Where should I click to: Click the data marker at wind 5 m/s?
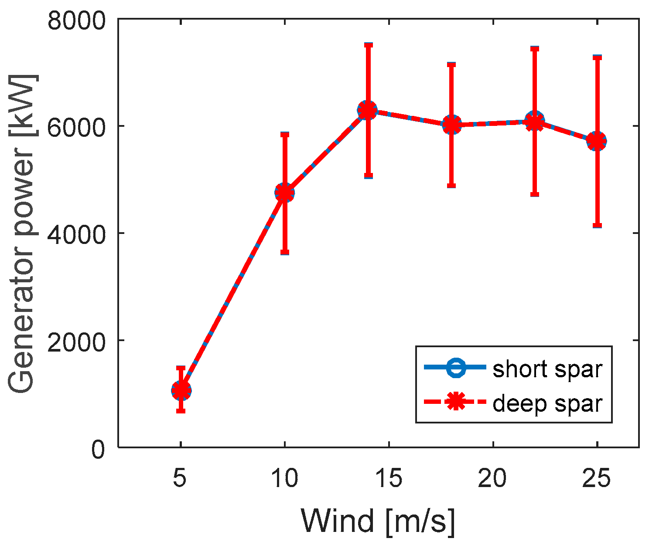[x=181, y=390]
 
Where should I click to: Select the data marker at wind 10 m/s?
[x=285, y=193]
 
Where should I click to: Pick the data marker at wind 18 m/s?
[x=451, y=125]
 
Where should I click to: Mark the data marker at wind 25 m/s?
[x=597, y=141]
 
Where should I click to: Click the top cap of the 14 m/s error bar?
[x=368, y=45]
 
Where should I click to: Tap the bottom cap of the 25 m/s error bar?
[x=597, y=226]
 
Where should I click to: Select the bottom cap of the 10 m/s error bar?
[x=285, y=252]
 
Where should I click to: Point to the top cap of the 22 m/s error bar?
[x=534, y=48]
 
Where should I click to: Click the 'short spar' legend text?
[x=547, y=369]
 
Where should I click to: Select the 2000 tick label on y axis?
[x=76, y=340]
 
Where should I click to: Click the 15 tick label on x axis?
[x=389, y=479]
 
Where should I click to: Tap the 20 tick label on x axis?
[x=493, y=479]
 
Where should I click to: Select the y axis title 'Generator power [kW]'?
[x=22, y=233]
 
